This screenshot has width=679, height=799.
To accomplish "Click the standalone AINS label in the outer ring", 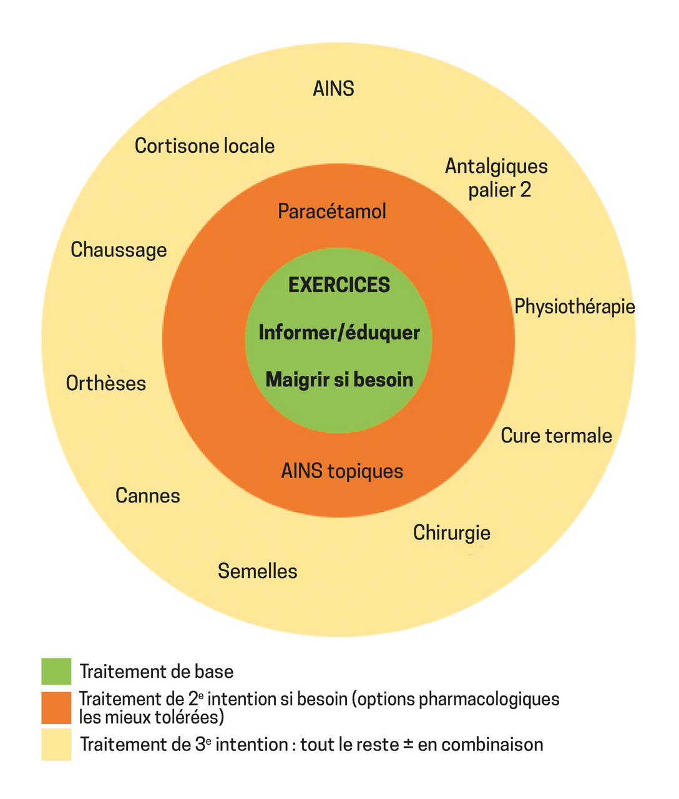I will pyautogui.click(x=333, y=89).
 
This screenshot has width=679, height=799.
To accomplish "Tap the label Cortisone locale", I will pyautogui.click(x=205, y=146).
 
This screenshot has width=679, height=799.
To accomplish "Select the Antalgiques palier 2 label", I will pyautogui.click(x=497, y=178).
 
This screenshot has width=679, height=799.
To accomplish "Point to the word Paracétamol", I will pyautogui.click(x=332, y=211).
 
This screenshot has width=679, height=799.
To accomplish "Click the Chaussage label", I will pyautogui.click(x=119, y=250).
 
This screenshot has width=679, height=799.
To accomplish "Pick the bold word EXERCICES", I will pyautogui.click(x=339, y=285).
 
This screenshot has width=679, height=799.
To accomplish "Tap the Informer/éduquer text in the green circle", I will pyautogui.click(x=339, y=332).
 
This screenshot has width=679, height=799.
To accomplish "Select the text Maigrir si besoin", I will pyautogui.click(x=339, y=380).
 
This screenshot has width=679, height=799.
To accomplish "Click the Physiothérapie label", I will pyautogui.click(x=574, y=306).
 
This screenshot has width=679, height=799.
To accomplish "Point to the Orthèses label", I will pyautogui.click(x=106, y=383).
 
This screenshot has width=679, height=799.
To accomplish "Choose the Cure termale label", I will pyautogui.click(x=556, y=436).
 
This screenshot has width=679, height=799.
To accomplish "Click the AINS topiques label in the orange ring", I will pyautogui.click(x=342, y=471).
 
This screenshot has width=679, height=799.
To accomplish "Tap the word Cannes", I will pyautogui.click(x=148, y=496).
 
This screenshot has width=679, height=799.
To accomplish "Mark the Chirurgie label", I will pyautogui.click(x=452, y=533).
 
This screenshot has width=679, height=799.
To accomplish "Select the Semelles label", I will pyautogui.click(x=257, y=571).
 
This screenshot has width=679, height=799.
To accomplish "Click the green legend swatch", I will pyautogui.click(x=56, y=672).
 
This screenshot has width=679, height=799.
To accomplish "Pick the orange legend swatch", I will pyautogui.click(x=56, y=708).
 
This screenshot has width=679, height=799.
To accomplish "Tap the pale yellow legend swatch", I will pyautogui.click(x=56, y=744).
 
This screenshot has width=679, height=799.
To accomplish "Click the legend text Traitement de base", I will pyautogui.click(x=157, y=672).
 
